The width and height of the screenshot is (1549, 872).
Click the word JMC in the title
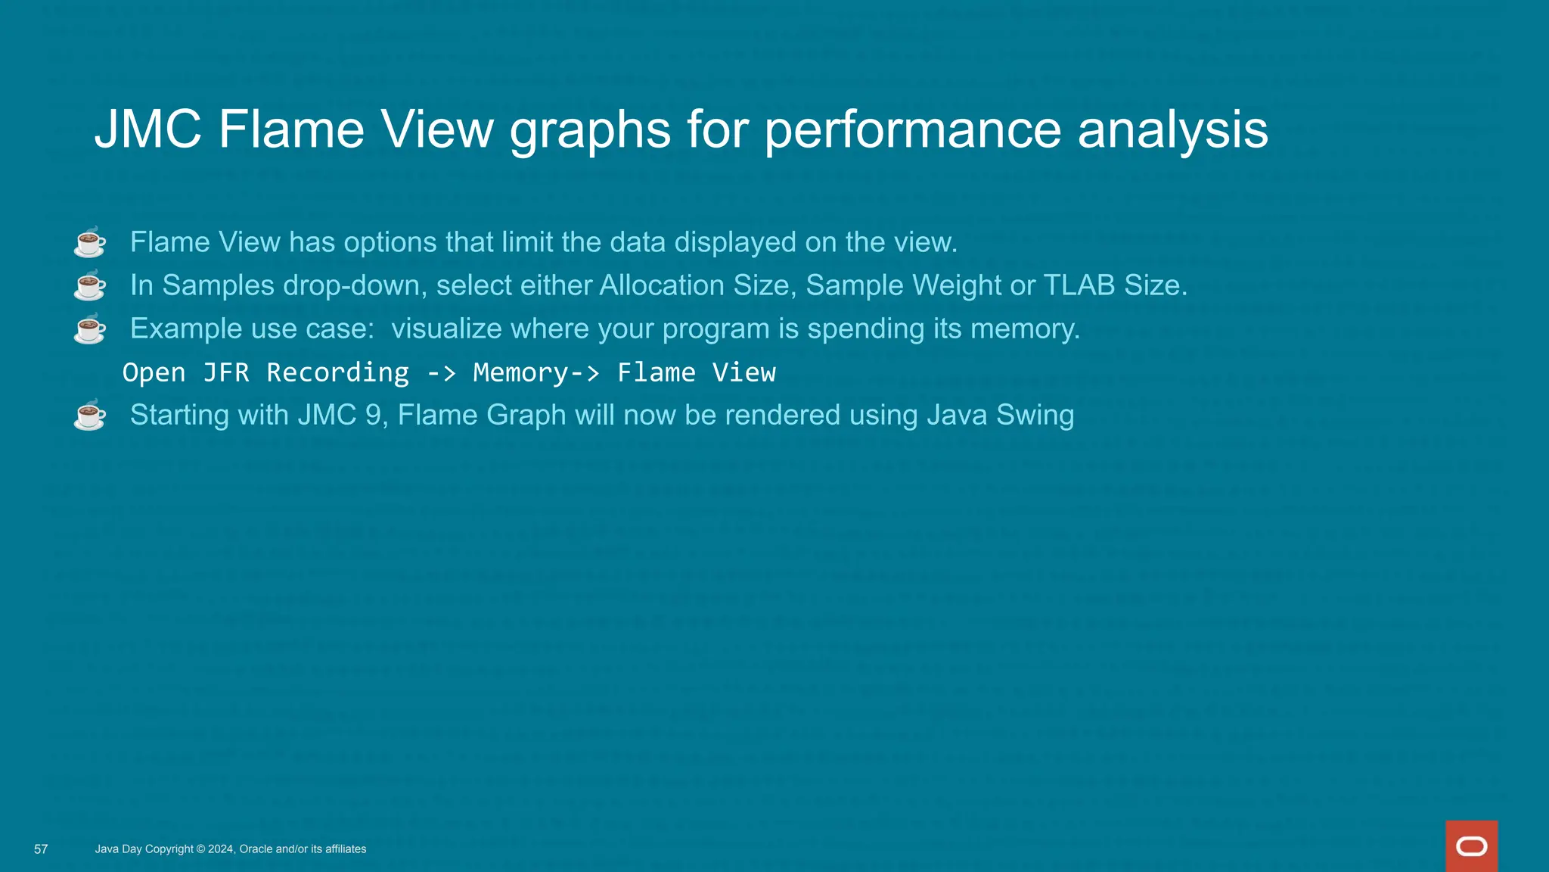point(148,129)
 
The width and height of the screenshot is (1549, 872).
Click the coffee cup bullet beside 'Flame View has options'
point(90,242)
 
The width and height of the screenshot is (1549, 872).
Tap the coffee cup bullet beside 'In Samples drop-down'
point(90,285)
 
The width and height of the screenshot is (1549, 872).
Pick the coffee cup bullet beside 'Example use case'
point(90,329)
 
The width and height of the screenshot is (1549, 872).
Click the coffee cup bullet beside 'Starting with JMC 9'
point(90,415)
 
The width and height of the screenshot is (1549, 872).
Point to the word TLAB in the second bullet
point(1079,285)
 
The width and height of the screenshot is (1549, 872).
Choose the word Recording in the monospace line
point(337,372)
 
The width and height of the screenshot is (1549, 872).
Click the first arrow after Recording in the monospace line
point(441,372)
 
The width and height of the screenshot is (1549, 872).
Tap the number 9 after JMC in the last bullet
point(373,415)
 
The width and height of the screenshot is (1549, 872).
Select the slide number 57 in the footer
point(41,849)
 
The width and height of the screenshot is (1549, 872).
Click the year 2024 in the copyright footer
point(220,849)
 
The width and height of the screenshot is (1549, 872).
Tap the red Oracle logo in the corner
point(1471,846)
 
